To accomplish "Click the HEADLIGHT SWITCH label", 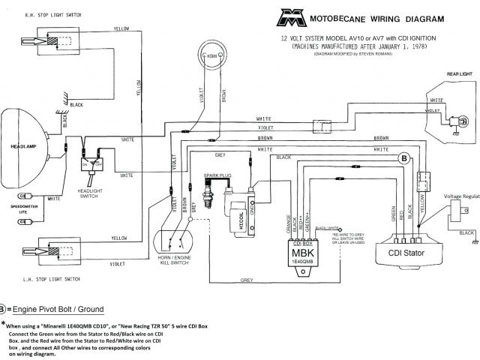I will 92,193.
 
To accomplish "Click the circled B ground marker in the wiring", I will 403,136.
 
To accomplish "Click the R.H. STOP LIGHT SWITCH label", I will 42,15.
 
